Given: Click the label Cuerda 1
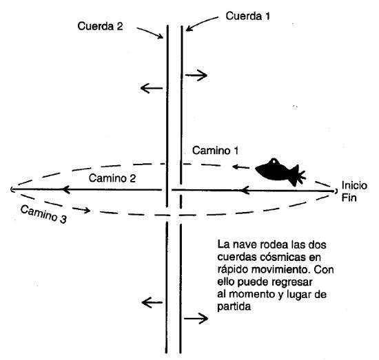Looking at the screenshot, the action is tap(248, 17).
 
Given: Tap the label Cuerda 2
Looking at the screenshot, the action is tap(100, 26).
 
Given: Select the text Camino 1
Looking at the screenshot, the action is tap(216, 151).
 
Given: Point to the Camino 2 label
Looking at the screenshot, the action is tap(112, 178).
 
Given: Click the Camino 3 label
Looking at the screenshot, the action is tap(43, 214).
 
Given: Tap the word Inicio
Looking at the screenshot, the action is tap(354, 185).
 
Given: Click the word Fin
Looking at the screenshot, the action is tap(349, 198).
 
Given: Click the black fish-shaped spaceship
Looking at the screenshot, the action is tap(280, 172).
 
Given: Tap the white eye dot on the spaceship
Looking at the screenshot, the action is tap(274, 162).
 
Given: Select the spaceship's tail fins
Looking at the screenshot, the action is tap(298, 176).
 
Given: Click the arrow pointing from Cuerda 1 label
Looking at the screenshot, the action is tap(202, 23).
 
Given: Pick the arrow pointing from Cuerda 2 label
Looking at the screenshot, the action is tap(150, 33).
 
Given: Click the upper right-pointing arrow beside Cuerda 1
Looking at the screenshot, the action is tap(196, 75).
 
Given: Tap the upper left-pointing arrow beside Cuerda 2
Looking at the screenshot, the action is tap(152, 88).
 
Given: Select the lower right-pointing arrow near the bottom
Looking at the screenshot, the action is tap(196, 319).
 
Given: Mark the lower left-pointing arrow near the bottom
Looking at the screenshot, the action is tap(152, 302).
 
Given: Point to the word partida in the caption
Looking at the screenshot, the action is tap(234, 306).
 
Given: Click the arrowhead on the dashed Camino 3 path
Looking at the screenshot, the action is tap(86, 210).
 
